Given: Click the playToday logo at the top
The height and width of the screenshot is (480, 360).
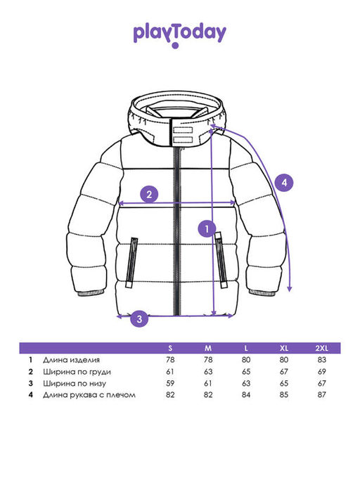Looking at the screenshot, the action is tap(179, 35).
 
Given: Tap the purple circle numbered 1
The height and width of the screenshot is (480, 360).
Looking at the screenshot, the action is tap(207, 228).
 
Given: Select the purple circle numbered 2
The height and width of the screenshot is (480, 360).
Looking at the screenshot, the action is tap(149, 194).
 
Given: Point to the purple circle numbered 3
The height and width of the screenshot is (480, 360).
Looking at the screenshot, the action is tap(139, 318).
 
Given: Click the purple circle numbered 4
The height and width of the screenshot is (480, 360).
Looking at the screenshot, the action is tap(284, 183).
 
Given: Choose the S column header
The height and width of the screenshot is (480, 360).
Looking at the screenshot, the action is tap(170, 348).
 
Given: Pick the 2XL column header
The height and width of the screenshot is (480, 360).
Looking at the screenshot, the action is tap(322, 348).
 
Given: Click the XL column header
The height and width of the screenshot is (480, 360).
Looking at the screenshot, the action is tap(284, 348).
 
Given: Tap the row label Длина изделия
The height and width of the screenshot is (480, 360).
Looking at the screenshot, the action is tap(71, 360).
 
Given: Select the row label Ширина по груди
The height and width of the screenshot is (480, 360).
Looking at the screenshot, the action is tap(77, 372).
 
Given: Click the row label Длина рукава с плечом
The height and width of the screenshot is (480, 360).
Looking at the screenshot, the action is tap(89, 395).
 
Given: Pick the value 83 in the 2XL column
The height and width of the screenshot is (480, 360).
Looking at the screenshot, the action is tap(322, 360).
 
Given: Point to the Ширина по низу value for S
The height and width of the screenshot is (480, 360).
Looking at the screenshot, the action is tap(170, 383).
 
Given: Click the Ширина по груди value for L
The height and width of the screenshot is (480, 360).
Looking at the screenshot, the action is tap(246, 372).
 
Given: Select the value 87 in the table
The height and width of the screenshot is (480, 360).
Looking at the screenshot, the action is tap(322, 394).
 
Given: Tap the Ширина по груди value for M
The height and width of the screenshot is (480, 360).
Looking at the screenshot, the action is tap(208, 372).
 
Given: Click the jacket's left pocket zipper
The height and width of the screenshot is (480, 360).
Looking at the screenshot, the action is tap(131, 262).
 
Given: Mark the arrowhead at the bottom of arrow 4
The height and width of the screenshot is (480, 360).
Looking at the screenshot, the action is tap(290, 289).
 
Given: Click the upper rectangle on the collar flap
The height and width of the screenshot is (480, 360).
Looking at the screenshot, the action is tap(183, 130).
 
